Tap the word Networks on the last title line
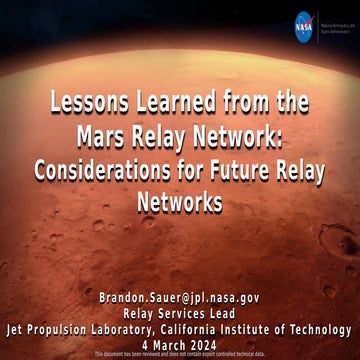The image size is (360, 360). (180, 203)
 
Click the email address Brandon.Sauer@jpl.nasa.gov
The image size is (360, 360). (179, 298)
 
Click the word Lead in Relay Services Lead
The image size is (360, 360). (231, 313)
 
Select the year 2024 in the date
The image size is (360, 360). (214, 343)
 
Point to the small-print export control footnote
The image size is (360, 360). (180, 354)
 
